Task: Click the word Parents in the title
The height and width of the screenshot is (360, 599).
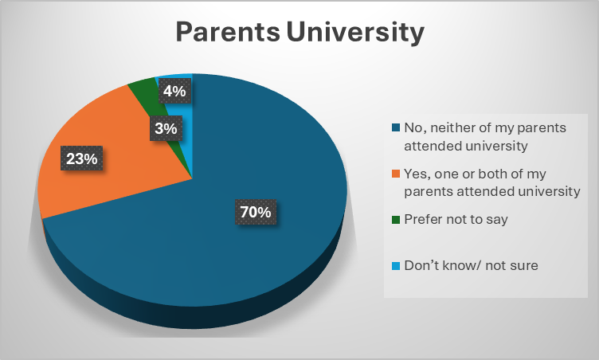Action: pos(228,32)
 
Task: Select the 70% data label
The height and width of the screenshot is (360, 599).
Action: pos(256,212)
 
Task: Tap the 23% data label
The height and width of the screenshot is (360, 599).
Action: pos(82,158)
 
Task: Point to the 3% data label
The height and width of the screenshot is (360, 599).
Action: pos(166,128)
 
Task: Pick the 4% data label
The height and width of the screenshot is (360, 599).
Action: pos(174,91)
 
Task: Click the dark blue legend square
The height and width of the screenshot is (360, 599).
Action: pos(395,127)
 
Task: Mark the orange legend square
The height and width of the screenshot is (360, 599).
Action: pos(395,174)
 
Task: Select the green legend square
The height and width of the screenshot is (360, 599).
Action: pos(395,220)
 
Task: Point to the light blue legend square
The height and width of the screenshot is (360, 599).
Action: pos(395,265)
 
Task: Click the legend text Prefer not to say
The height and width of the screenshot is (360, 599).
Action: pos(456,220)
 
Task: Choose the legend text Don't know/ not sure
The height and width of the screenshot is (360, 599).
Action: pos(471,265)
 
